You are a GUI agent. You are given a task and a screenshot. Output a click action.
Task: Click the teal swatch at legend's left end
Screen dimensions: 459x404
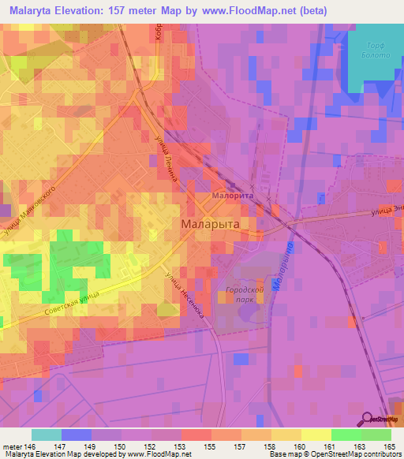[x=47, y=435]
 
